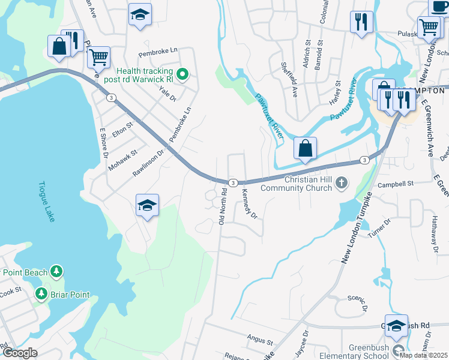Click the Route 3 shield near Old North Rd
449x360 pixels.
234,182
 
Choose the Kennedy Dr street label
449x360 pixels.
249,204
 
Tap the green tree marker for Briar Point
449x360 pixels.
41,294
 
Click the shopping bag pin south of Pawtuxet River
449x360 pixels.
305,148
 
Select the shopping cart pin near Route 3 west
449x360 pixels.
98,58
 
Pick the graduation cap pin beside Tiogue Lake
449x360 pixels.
147,205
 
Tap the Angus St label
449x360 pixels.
261,340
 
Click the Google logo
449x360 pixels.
20,353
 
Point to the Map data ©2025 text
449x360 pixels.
423,355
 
